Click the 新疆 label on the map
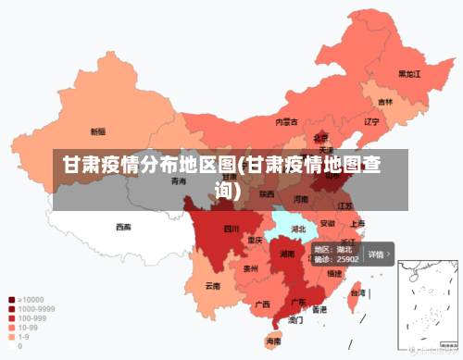pyautogui.click(x=97, y=131)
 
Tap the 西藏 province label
pyautogui.click(x=123, y=227)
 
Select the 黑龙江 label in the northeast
pyautogui.click(x=409, y=73)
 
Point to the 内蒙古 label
pyautogui.click(x=287, y=121)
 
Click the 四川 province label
pyautogui.click(x=231, y=229)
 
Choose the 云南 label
pyautogui.click(x=213, y=286)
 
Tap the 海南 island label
pyautogui.click(x=273, y=341)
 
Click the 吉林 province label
pyautogui.click(x=384, y=102)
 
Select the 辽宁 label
pyautogui.click(x=371, y=121)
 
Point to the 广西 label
pyautogui.click(x=262, y=304)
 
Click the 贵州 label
pyautogui.click(x=250, y=268)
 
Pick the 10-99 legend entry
pyautogui.click(x=27, y=328)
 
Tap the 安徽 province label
pyautogui.click(x=328, y=223)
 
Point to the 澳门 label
pyautogui.click(x=295, y=320)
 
